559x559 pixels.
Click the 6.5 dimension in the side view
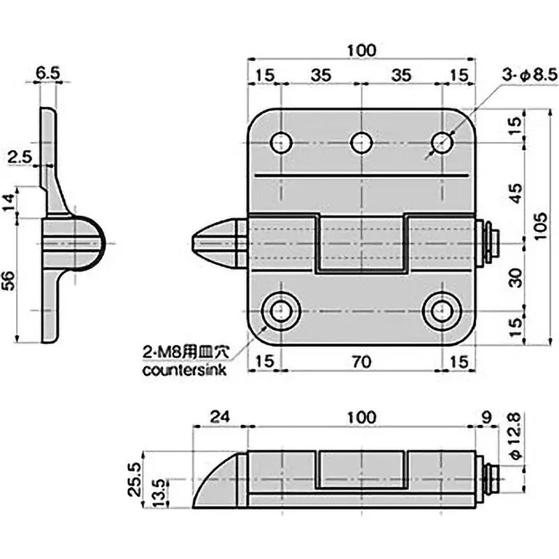pos(48,73)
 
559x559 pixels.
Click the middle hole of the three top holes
pos(361,143)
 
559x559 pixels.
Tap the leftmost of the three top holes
pos(281,143)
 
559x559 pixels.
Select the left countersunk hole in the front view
pos(281,310)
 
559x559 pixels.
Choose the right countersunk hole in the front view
pos(441,310)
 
